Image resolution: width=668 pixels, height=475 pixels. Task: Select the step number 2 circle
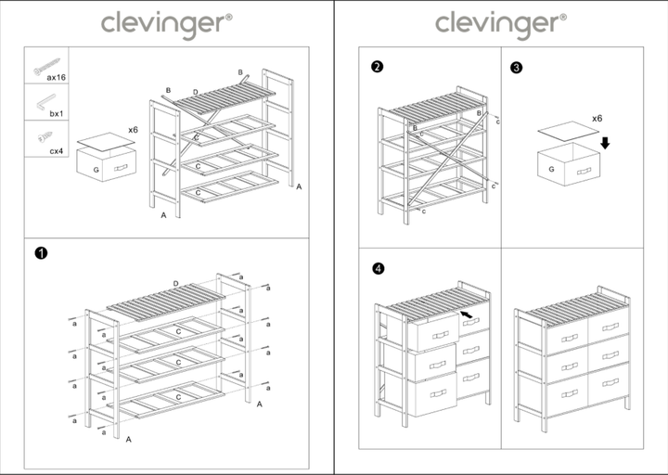point(377,67)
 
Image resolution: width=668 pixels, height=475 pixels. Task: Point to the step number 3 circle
point(517,67)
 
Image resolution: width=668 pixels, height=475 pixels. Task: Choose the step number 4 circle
point(377,269)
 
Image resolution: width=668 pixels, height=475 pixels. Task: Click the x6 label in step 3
point(597,120)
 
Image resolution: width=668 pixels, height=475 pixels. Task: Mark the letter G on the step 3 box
point(551,170)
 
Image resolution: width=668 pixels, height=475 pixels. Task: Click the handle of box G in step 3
point(584,172)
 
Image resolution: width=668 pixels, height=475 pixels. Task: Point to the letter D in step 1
point(175,283)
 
